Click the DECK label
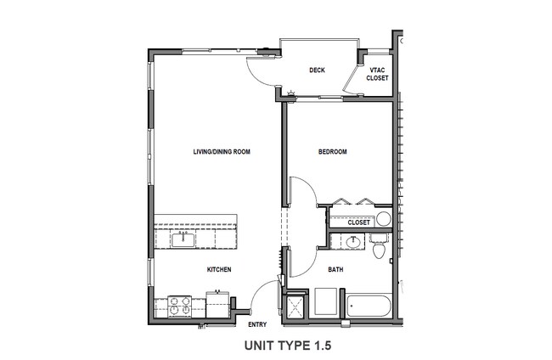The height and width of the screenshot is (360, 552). click(318, 70)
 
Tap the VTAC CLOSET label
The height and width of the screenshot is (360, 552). click(377, 74)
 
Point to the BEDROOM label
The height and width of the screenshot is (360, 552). click(332, 152)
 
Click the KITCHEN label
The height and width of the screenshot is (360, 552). click(219, 269)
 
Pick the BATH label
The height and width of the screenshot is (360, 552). click(335, 269)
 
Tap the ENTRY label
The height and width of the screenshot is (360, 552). click(257, 324)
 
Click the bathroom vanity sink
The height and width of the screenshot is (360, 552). click(353, 243)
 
